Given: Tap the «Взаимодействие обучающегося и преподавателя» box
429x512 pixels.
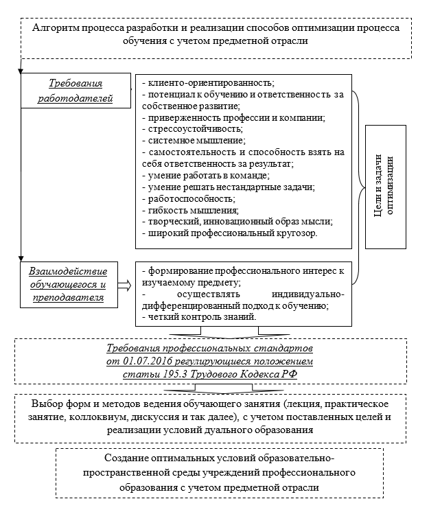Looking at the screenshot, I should click(x=68, y=281).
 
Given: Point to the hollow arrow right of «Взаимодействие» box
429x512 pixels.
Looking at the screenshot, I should click(x=124, y=282).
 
